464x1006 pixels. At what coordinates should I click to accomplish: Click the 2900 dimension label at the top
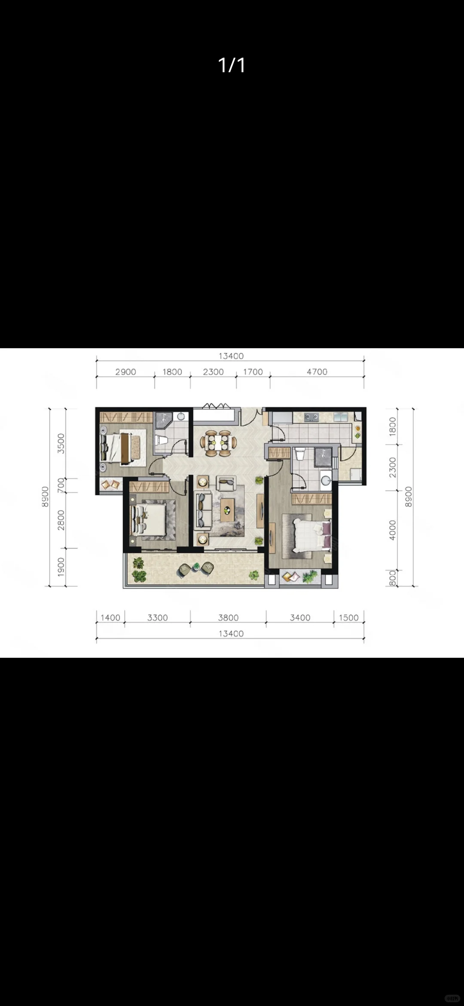tap(125, 372)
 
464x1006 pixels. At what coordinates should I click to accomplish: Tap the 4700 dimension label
tap(317, 372)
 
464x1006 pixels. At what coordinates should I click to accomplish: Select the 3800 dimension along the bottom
tap(228, 618)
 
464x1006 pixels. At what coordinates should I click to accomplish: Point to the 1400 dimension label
tap(110, 618)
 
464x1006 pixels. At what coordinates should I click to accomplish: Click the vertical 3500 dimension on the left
tap(61, 443)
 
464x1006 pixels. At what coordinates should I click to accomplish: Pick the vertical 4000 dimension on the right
tap(392, 530)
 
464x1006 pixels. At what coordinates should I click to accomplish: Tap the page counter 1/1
tap(232, 65)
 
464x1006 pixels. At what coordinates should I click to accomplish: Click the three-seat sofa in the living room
tap(203, 510)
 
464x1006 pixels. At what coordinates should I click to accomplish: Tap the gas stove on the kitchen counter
tap(311, 417)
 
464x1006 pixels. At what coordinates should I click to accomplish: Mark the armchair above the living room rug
tap(226, 483)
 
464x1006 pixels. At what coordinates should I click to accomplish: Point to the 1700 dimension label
tap(253, 372)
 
